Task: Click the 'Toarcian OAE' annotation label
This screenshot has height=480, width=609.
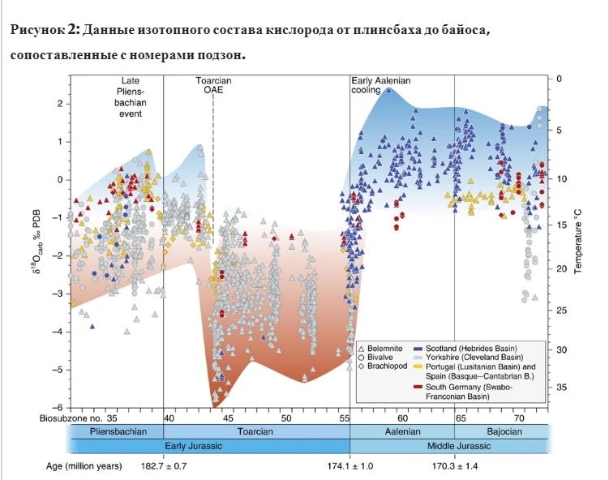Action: tap(213, 86)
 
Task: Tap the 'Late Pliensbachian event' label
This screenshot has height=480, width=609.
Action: tap(131, 97)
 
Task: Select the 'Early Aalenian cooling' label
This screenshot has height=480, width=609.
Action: tap(381, 86)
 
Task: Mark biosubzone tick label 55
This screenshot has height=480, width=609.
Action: tap(345, 418)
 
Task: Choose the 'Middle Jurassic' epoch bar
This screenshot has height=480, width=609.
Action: tap(448, 446)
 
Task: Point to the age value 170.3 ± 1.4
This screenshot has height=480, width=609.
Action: tap(454, 466)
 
